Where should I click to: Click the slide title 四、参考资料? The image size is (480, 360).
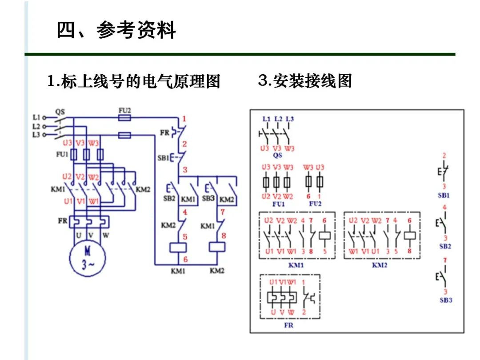coord(116,30)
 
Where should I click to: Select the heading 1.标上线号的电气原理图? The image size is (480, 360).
coord(134,82)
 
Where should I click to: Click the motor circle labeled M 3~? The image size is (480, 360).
coord(88,258)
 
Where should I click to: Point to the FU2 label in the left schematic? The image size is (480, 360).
coord(124,110)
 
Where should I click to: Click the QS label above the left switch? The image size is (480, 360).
coord(60,112)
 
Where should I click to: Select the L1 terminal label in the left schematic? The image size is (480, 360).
coord(36,118)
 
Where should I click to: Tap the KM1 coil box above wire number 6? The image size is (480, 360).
coord(178,248)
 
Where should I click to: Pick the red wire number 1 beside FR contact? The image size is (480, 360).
coord(184,119)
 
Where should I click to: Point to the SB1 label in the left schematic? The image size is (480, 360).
coord(163,158)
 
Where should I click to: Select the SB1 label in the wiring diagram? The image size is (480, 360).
coord(444,196)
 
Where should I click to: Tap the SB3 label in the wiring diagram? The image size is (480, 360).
coord(445,300)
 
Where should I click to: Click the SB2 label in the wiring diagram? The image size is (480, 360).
coord(445,246)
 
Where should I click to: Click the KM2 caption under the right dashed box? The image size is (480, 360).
coord(380,265)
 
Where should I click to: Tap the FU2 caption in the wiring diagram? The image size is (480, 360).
coord(315,204)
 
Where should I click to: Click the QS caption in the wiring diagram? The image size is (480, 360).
coord(277,156)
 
